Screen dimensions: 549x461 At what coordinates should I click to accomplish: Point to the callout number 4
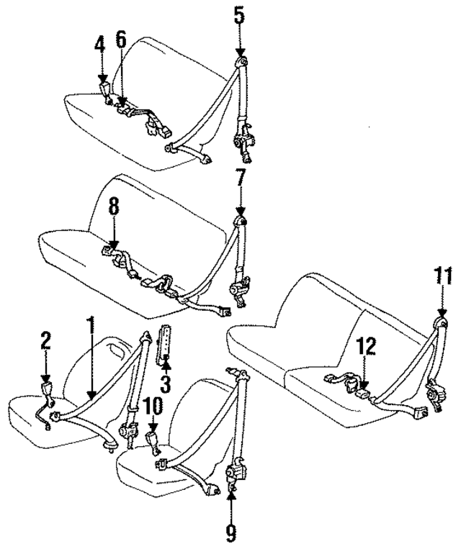coord(101,47)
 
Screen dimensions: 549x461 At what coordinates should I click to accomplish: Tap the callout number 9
coord(231,532)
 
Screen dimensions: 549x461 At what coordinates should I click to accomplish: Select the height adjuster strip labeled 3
coord(164,342)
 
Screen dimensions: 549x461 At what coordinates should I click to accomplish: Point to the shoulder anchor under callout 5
coord(241,63)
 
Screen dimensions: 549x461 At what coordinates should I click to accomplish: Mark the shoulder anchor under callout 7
coord(241,221)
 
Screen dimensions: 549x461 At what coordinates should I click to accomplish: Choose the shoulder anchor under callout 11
coord(441,322)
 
